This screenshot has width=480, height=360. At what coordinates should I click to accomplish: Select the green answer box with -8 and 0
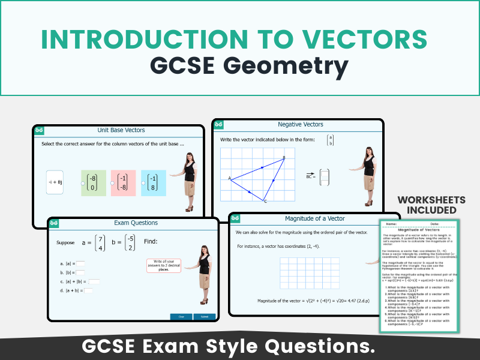pyautogui.click(x=93, y=182)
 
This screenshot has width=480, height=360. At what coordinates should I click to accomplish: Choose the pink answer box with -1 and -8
pyautogui.click(x=123, y=182)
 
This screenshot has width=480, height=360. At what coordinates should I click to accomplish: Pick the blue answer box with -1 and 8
pyautogui.click(x=154, y=182)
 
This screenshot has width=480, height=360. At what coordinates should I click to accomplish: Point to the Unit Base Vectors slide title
pyautogui.click(x=121, y=130)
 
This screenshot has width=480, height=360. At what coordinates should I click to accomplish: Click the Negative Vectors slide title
pyautogui.click(x=300, y=125)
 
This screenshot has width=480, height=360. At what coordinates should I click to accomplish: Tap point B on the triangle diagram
pyautogui.click(x=283, y=158)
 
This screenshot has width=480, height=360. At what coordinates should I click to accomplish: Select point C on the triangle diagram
pyautogui.click(x=264, y=200)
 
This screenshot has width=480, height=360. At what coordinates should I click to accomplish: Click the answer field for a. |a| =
pyautogui.click(x=80, y=263)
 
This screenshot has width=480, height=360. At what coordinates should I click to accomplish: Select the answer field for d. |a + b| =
pyautogui.click(x=88, y=290)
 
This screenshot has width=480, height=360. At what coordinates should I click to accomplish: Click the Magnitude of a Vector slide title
pyautogui.click(x=314, y=218)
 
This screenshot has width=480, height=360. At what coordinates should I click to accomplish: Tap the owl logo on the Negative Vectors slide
pyautogui.click(x=220, y=124)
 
